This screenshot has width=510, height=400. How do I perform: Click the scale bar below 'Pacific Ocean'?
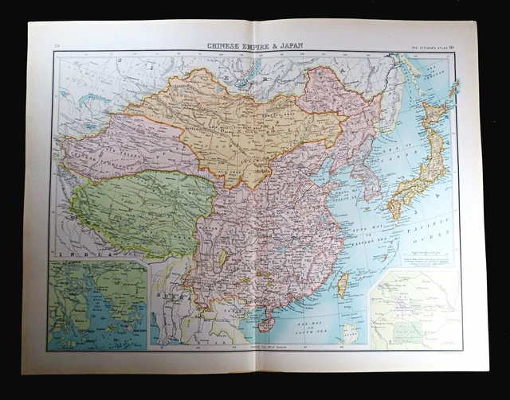pos(422,260)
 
